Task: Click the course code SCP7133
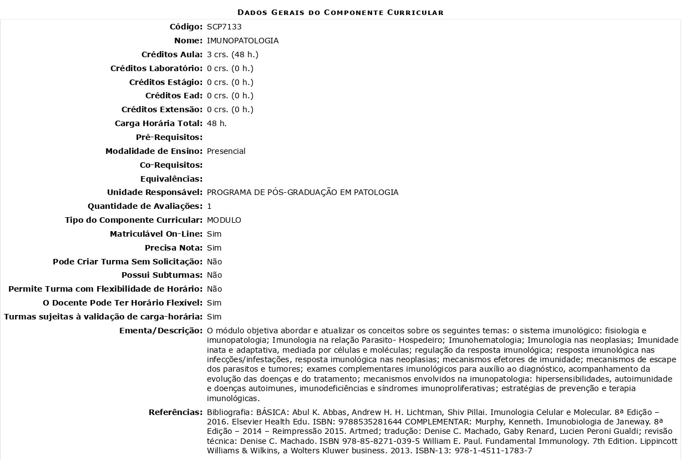(224, 27)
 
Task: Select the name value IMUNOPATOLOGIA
(242, 41)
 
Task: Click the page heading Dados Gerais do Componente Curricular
(340, 12)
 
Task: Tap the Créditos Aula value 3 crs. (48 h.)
(232, 54)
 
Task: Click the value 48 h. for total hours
(216, 123)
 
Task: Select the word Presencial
(226, 151)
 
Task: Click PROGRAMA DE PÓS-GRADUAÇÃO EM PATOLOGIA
(302, 192)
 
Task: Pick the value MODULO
(224, 220)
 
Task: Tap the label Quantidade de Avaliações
(145, 206)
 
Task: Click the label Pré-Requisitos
(169, 137)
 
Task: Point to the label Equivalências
(171, 179)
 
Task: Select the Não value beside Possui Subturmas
(214, 275)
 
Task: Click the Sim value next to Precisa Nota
(214, 248)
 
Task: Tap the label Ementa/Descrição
(161, 331)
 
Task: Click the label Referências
(175, 412)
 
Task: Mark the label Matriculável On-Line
(156, 234)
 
